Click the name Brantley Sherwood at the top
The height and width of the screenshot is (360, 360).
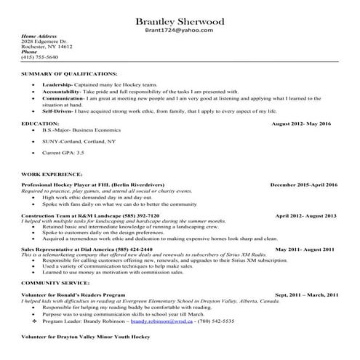point(179,20)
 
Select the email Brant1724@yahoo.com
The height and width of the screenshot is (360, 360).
point(179,31)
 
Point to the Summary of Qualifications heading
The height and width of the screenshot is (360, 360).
point(68,74)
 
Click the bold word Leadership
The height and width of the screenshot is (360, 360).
point(57,85)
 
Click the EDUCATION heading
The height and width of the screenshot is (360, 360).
point(40,124)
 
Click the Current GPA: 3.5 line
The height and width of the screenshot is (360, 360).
point(63,153)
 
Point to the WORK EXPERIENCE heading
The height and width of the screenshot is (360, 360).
point(51,175)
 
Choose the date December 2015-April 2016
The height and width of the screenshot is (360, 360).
point(304,185)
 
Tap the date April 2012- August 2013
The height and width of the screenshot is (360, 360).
point(305,216)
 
